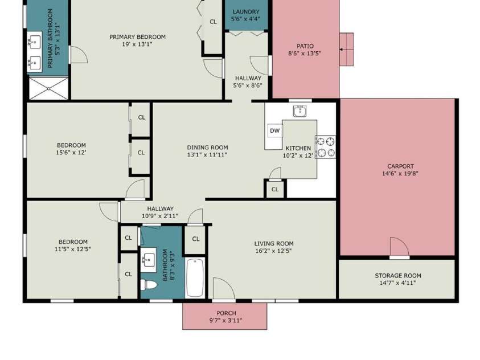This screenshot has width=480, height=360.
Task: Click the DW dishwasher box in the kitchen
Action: pos(275,130)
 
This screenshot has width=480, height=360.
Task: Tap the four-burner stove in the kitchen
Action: pos(325,147)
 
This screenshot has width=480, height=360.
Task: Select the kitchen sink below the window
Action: pos(300,111)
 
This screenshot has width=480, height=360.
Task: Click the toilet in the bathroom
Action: pos(149,285)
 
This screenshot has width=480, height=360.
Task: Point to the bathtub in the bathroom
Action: pos(195,277)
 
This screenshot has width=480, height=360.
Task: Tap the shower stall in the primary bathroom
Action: pos(48,88)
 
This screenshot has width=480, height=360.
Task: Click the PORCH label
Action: pos(226,313)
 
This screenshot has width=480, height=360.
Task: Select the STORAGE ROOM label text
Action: pos(398,276)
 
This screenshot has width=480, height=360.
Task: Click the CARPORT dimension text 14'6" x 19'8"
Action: pos(400,174)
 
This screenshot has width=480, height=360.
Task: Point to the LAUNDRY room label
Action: pos(246,11)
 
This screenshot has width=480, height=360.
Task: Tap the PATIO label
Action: pos(305,46)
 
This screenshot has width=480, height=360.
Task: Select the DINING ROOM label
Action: pos(208,148)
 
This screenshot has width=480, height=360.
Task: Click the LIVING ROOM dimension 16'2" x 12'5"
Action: pos(274,251)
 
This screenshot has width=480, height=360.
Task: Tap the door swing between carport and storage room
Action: pos(400,247)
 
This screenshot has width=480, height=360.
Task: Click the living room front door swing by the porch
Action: pos(224,288)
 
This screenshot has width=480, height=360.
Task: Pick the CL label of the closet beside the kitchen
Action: pos(275,190)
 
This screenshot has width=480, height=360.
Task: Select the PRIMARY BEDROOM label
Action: pos(137,36)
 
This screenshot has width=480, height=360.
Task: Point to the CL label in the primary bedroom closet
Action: pos(213,22)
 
